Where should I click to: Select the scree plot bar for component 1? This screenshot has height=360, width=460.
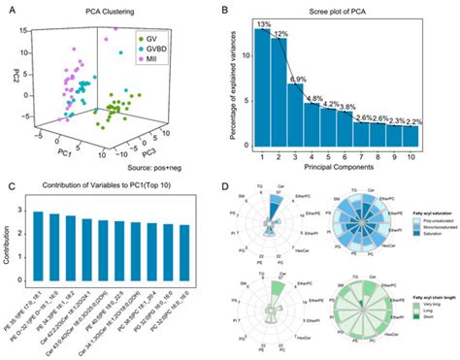pyautogui.click(x=262, y=86)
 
